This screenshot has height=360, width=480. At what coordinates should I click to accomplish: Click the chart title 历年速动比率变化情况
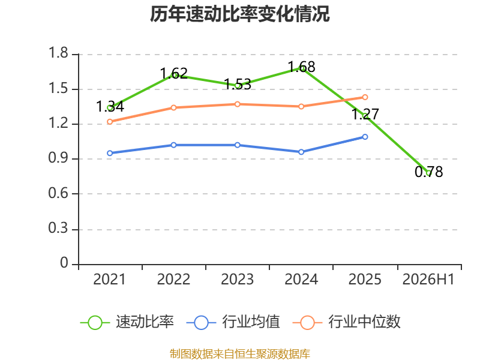[x=239, y=14]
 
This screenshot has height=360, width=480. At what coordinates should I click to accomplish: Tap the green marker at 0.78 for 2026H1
[x=428, y=173]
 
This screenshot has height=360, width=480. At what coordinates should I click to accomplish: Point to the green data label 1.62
[x=173, y=73]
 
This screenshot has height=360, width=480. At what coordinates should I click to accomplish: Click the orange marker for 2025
[x=365, y=97]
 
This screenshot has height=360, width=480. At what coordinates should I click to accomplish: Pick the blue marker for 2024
[x=301, y=152]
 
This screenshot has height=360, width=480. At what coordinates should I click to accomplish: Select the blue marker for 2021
[x=110, y=153]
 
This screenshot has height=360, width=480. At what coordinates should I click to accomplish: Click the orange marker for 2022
[x=173, y=108]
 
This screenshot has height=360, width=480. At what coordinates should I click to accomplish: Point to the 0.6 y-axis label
[x=58, y=193]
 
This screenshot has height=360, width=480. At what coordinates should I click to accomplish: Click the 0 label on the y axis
[x=64, y=263]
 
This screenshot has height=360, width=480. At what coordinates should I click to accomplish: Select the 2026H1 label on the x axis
[x=428, y=280]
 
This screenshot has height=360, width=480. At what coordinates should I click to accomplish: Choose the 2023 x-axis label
[x=237, y=280]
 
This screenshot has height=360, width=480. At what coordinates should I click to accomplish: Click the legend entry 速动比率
[x=127, y=322]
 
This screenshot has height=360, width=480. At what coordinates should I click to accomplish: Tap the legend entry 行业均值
[x=233, y=322]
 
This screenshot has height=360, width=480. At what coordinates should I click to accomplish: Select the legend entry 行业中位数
[x=347, y=322]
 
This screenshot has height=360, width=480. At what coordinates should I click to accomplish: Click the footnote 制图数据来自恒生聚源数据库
[x=239, y=354]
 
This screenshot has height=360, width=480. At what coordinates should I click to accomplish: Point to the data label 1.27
[x=365, y=114]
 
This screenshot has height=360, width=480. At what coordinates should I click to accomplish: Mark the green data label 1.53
[x=238, y=84]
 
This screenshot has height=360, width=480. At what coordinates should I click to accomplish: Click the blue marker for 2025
[x=365, y=137]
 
